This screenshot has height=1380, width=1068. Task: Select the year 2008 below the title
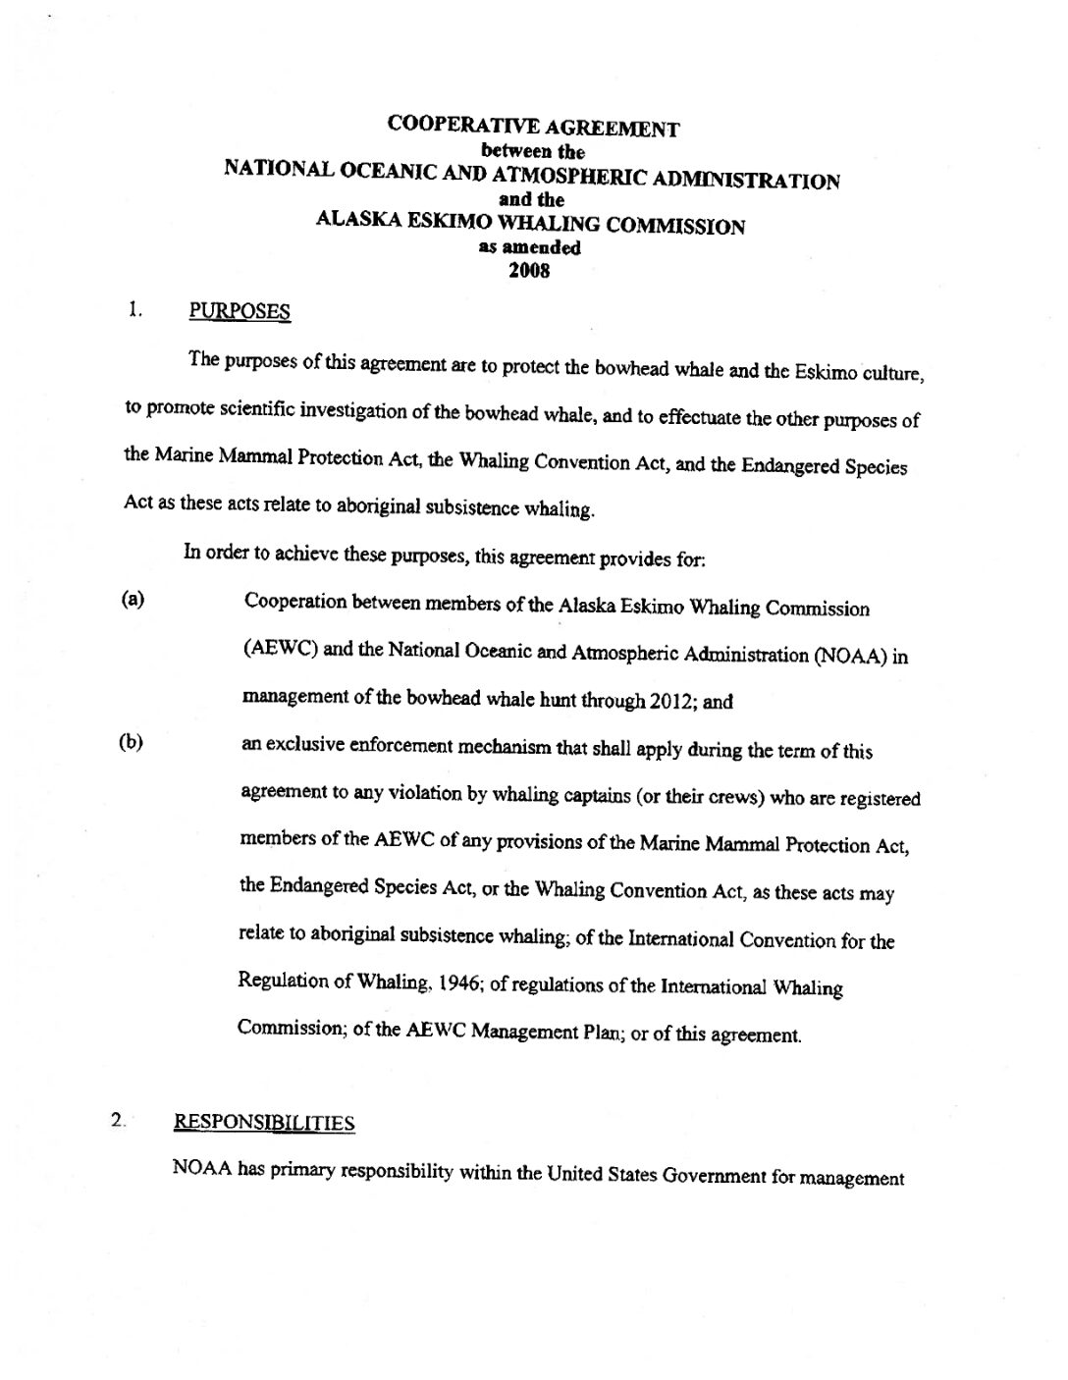(x=529, y=271)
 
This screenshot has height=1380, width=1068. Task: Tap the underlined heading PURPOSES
(x=240, y=312)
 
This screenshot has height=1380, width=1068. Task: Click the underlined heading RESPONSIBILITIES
(x=264, y=1123)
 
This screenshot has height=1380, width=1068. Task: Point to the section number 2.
(x=118, y=1120)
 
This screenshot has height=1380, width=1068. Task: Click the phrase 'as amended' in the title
(x=529, y=248)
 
